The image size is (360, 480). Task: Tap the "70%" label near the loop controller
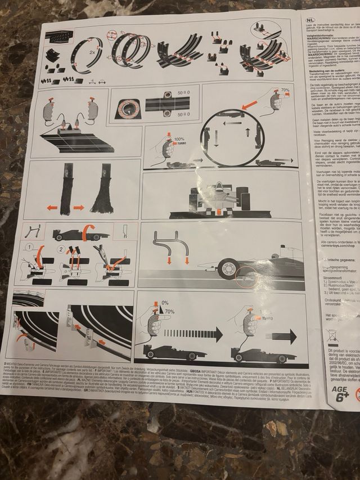(x=285, y=90)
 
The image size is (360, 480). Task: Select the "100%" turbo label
(x=178, y=138)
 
